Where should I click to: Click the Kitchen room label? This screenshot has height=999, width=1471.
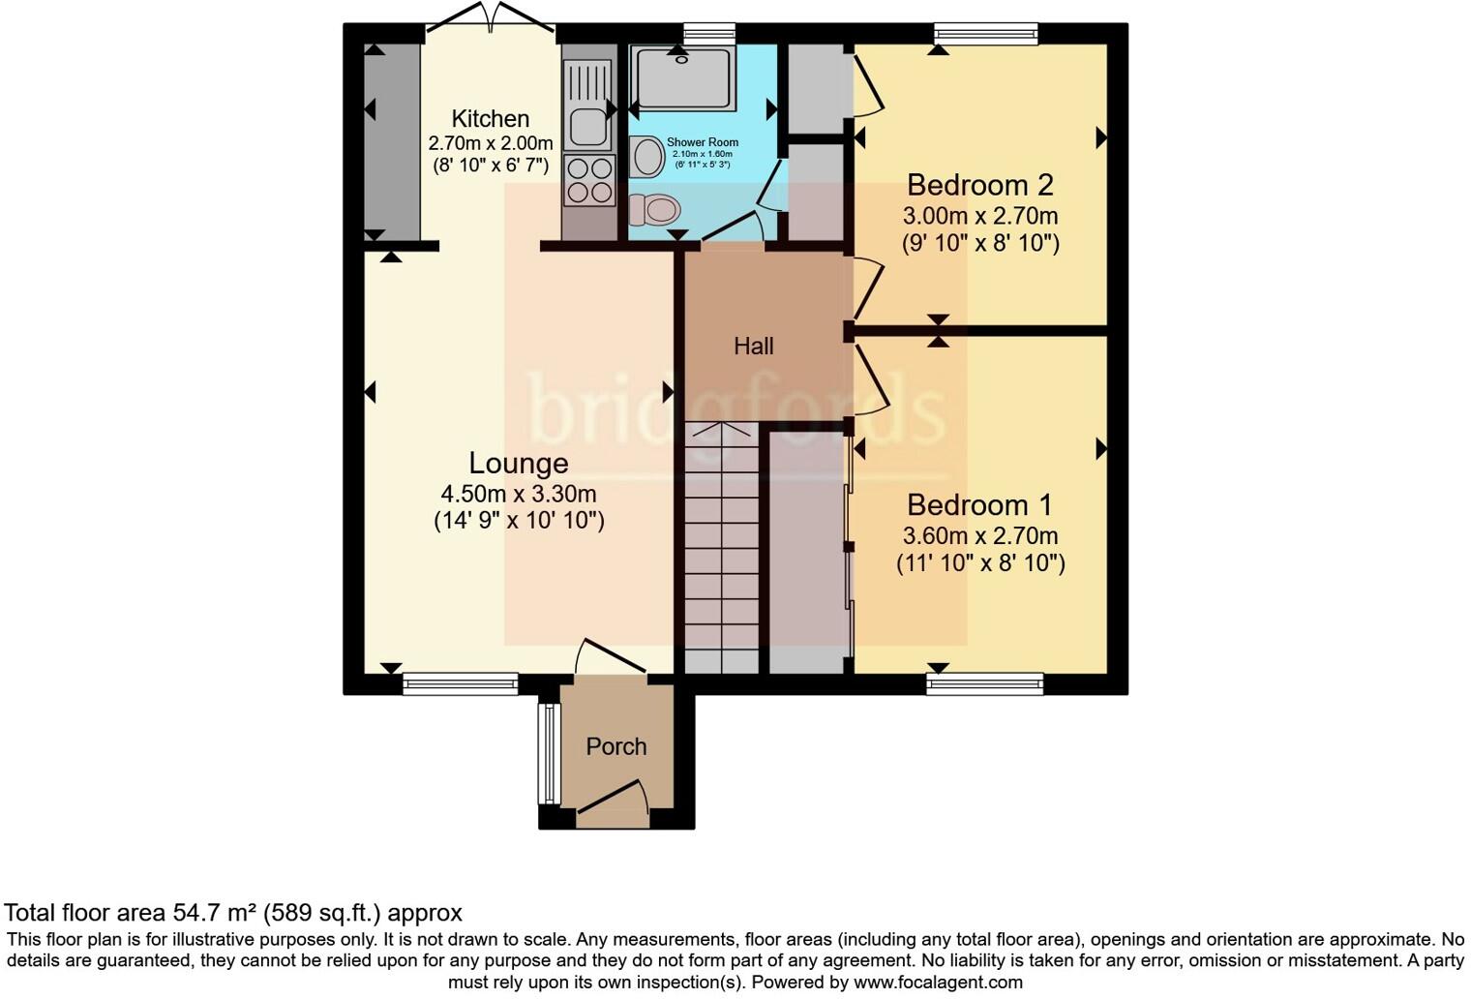pyautogui.click(x=491, y=119)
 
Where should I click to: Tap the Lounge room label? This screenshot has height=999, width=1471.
pyautogui.click(x=518, y=463)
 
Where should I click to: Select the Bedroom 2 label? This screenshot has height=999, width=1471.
pyautogui.click(x=979, y=184)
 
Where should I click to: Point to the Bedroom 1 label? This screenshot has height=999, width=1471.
pyautogui.click(x=979, y=504)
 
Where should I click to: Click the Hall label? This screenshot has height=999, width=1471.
pyautogui.click(x=753, y=346)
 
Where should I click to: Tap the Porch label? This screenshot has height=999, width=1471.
pyautogui.click(x=615, y=746)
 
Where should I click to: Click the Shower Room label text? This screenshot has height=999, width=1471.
pyautogui.click(x=702, y=142)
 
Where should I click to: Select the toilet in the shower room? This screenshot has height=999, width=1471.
pyautogui.click(x=654, y=208)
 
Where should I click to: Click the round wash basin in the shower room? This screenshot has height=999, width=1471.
pyautogui.click(x=645, y=156)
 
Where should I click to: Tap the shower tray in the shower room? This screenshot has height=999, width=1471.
pyautogui.click(x=683, y=76)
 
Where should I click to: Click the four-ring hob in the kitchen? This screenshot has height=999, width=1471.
pyautogui.click(x=589, y=180)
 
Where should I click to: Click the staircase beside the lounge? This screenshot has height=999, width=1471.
pyautogui.click(x=721, y=547)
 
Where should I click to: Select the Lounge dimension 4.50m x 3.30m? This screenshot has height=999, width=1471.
pyautogui.click(x=518, y=494)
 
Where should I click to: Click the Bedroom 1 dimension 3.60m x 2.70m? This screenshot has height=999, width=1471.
pyautogui.click(x=979, y=535)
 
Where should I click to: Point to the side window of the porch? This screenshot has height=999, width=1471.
pyautogui.click(x=549, y=754)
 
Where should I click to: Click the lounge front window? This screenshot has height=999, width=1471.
pyautogui.click(x=461, y=684)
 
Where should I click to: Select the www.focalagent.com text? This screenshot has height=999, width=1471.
pyautogui.click(x=937, y=982)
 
